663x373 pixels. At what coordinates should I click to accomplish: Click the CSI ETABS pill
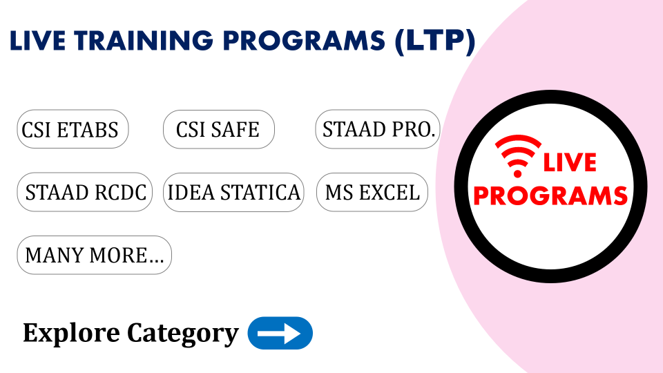tap(73, 129)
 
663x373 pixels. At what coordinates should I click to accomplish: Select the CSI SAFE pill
tap(219, 129)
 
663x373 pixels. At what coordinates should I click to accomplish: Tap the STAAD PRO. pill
tap(378, 129)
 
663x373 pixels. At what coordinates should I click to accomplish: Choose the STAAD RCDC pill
tap(84, 192)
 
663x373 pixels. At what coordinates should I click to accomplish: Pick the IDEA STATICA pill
tap(234, 192)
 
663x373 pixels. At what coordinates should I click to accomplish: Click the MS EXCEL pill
tap(372, 192)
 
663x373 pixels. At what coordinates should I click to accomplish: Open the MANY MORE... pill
tap(95, 255)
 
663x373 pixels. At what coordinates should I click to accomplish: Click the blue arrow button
tap(280, 333)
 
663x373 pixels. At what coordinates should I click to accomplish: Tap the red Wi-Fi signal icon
tap(518, 155)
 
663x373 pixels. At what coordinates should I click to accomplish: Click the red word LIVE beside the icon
tap(570, 163)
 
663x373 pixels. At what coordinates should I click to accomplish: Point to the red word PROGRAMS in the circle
tap(550, 195)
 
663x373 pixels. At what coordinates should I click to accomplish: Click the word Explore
tap(71, 333)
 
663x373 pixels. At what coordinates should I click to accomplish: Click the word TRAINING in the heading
tap(144, 41)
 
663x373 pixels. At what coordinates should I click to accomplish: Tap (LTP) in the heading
tap(436, 41)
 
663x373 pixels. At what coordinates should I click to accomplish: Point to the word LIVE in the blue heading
tap(37, 41)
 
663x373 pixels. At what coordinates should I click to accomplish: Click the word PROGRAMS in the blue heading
tap(304, 41)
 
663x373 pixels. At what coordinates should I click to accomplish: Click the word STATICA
tap(260, 193)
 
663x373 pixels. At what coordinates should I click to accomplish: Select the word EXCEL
tap(389, 193)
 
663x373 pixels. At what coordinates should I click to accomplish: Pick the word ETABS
tap(88, 130)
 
